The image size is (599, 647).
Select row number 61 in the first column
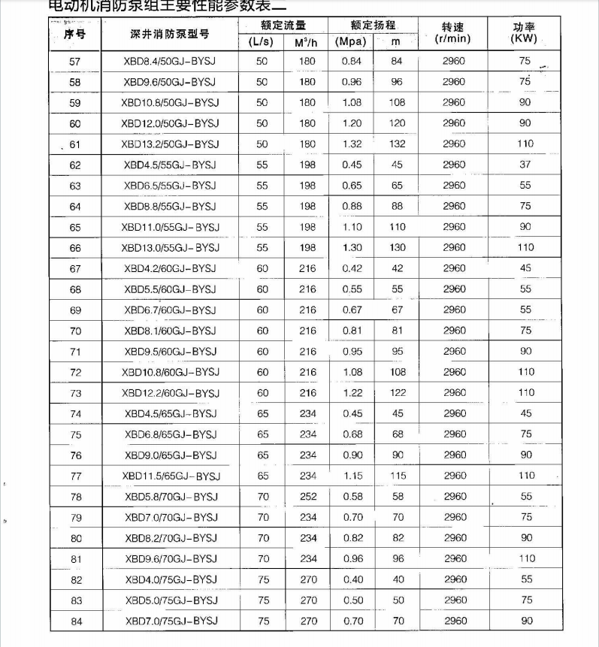click(74, 144)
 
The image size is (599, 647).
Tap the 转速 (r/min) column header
click(453, 33)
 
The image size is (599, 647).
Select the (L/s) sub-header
click(262, 42)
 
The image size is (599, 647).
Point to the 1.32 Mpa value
click(352, 144)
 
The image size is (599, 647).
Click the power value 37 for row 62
click(525, 165)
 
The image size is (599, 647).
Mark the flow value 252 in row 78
click(308, 496)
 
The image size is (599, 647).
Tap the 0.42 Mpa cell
click(352, 268)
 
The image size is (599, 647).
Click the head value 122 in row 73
click(398, 392)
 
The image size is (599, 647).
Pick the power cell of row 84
click(526, 621)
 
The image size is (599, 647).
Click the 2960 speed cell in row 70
click(454, 330)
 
